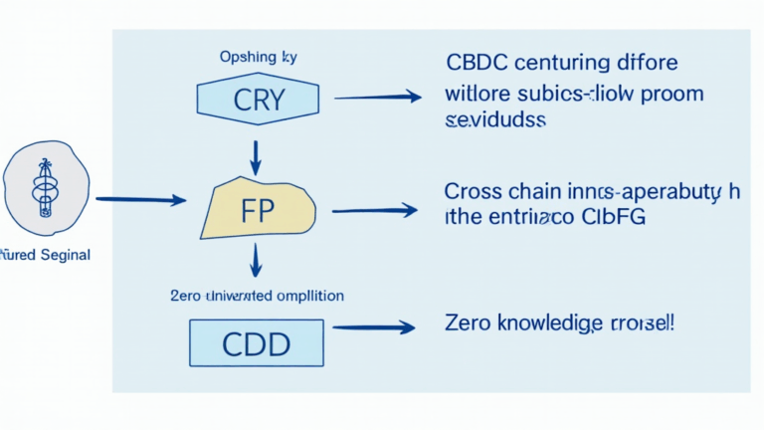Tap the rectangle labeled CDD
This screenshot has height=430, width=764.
coord(257,343)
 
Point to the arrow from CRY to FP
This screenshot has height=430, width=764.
coord(256,155)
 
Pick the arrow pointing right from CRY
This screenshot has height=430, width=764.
coord(378,97)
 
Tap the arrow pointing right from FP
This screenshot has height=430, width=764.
coord(374,210)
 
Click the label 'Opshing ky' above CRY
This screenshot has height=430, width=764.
coord(257,57)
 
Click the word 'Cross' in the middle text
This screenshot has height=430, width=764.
coord(474,191)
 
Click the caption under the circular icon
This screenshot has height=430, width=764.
coord(44,255)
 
